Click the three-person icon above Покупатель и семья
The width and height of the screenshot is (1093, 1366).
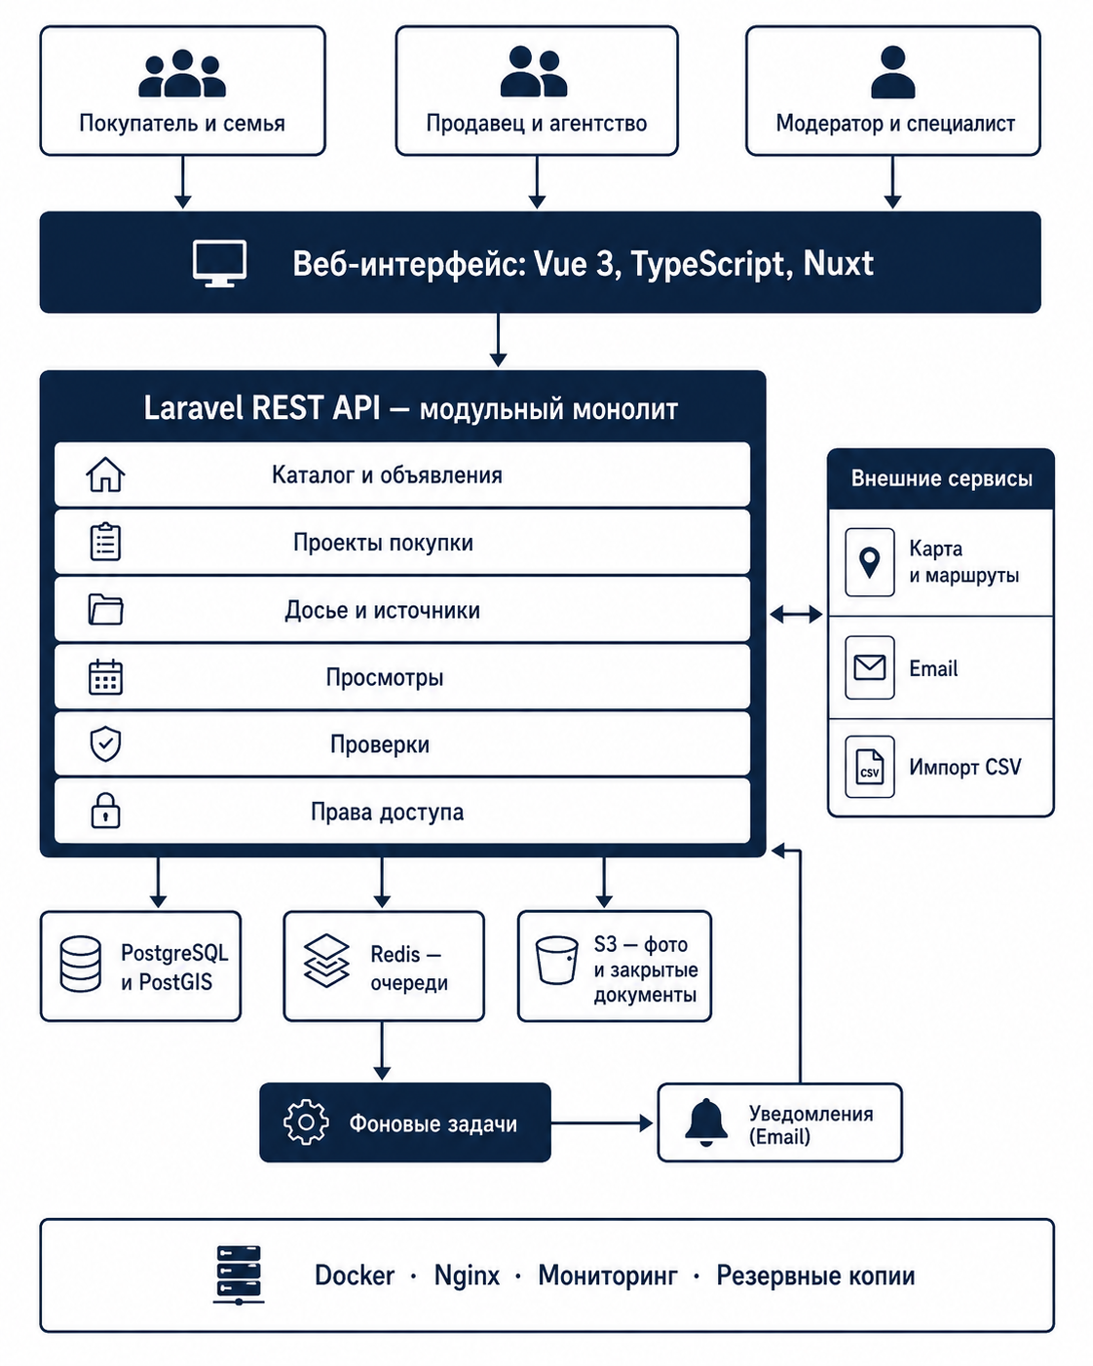pos(182,73)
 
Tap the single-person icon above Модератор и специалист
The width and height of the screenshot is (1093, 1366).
pos(893,72)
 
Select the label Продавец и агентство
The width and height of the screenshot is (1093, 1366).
pos(537,123)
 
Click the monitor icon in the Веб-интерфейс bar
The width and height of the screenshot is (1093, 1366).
pos(219,263)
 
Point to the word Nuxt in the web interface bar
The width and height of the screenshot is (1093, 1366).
pos(838,263)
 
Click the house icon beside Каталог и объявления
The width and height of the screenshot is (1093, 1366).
pos(105,474)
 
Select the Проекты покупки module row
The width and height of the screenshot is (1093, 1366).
pos(402,543)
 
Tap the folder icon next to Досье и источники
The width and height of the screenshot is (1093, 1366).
pos(105,609)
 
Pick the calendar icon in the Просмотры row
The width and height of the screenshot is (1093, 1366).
pos(105,677)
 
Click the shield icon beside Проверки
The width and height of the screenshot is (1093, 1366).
pos(105,744)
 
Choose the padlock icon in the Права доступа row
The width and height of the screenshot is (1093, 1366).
pos(105,811)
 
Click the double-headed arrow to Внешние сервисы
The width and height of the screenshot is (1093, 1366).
pos(796,614)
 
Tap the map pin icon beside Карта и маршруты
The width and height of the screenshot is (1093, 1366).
pos(870,562)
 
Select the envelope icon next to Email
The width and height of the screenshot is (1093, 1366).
pos(870,667)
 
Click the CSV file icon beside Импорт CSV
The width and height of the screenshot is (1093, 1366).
pos(870,767)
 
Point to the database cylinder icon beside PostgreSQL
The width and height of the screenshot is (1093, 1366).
pos(81,964)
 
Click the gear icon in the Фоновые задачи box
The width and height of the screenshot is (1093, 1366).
pos(306,1122)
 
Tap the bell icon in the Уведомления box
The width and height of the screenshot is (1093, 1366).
pos(706,1122)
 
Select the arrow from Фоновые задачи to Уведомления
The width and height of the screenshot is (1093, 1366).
pos(602,1122)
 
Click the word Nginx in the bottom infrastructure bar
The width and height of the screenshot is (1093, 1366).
pos(467,1275)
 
